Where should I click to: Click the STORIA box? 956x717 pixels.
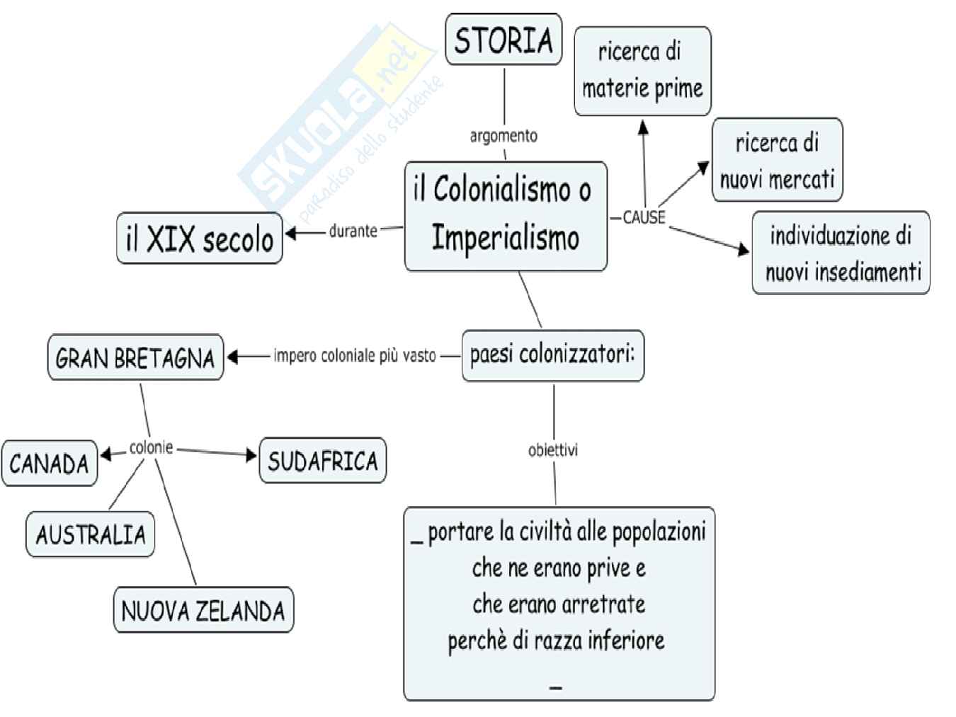pos(503,40)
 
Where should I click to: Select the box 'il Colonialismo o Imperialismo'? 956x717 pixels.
pos(506,216)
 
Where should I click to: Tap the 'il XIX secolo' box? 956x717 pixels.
pos(199,239)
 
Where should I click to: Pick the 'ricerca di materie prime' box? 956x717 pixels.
pos(642,71)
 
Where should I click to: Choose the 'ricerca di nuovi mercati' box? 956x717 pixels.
pos(777,160)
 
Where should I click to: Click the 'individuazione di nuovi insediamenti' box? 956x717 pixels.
pos(841,253)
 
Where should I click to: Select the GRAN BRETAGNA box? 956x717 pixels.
pos(135,358)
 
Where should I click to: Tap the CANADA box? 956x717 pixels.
pos(50,464)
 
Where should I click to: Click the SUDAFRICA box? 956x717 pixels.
pos(323,461)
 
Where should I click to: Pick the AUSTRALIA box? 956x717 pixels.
pos(91,534)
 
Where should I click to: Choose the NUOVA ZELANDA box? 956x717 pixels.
pos(203,610)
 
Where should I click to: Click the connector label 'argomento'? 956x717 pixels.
pos(503,135)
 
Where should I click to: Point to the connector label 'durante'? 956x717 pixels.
pos(353,231)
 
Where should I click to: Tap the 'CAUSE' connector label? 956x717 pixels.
pos(644,218)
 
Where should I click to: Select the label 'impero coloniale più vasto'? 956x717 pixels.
pos(355,355)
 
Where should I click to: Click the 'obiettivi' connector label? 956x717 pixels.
pos(553,449)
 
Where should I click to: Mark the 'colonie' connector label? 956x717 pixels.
pos(152,447)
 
